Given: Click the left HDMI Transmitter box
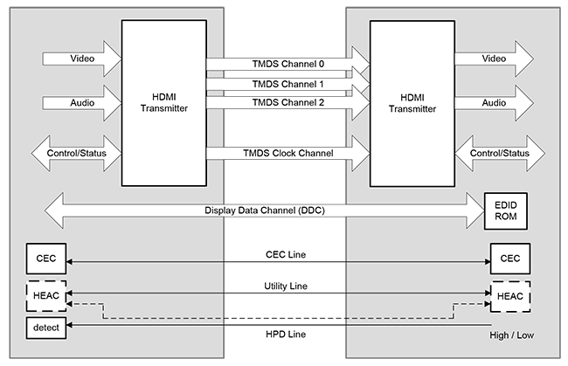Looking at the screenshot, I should click(x=163, y=103).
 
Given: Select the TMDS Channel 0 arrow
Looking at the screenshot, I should click(x=288, y=64).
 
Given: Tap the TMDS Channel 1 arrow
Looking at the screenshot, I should click(x=288, y=84).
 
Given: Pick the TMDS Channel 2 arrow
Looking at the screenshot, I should click(x=288, y=103).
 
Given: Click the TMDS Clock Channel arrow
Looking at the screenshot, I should click(x=288, y=155).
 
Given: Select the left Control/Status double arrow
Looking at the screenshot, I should click(x=77, y=155).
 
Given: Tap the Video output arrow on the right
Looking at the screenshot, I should click(x=494, y=59).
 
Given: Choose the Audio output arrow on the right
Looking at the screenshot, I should click(x=494, y=102).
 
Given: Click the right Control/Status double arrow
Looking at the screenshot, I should click(x=499, y=155).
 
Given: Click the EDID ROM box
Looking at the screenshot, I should click(x=507, y=211).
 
